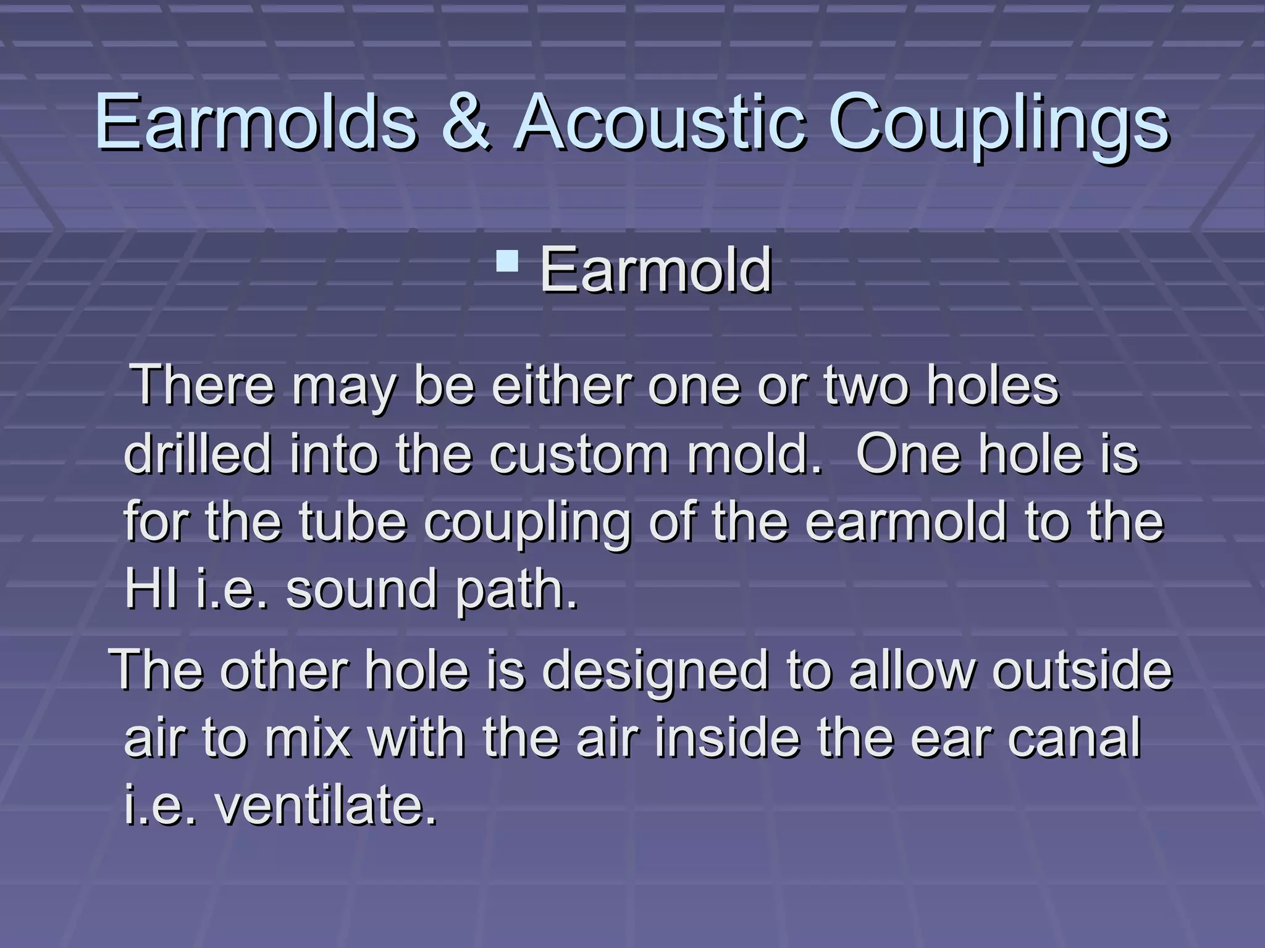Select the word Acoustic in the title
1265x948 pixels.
pos(660,122)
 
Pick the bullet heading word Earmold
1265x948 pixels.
pos(655,270)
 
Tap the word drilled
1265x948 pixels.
pos(198,454)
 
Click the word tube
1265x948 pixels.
pos(353,522)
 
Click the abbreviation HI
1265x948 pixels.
pos(151,589)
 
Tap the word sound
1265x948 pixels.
pos(361,589)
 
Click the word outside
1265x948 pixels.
pos(1082,670)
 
